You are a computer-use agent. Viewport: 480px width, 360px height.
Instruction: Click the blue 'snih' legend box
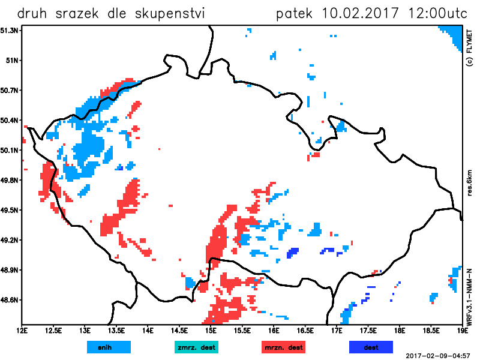point(109,347)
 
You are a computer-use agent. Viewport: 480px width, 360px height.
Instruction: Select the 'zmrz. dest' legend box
point(196,347)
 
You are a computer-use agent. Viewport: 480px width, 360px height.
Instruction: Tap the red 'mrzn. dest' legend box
point(284,347)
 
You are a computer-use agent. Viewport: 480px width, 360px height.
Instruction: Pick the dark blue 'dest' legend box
point(371,347)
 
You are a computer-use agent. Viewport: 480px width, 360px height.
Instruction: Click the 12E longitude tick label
point(23,330)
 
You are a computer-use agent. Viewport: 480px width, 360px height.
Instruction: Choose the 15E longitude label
point(211,330)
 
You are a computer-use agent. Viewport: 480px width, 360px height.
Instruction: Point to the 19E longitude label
point(461,330)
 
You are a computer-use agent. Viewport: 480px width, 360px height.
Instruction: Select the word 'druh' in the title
point(33,13)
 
